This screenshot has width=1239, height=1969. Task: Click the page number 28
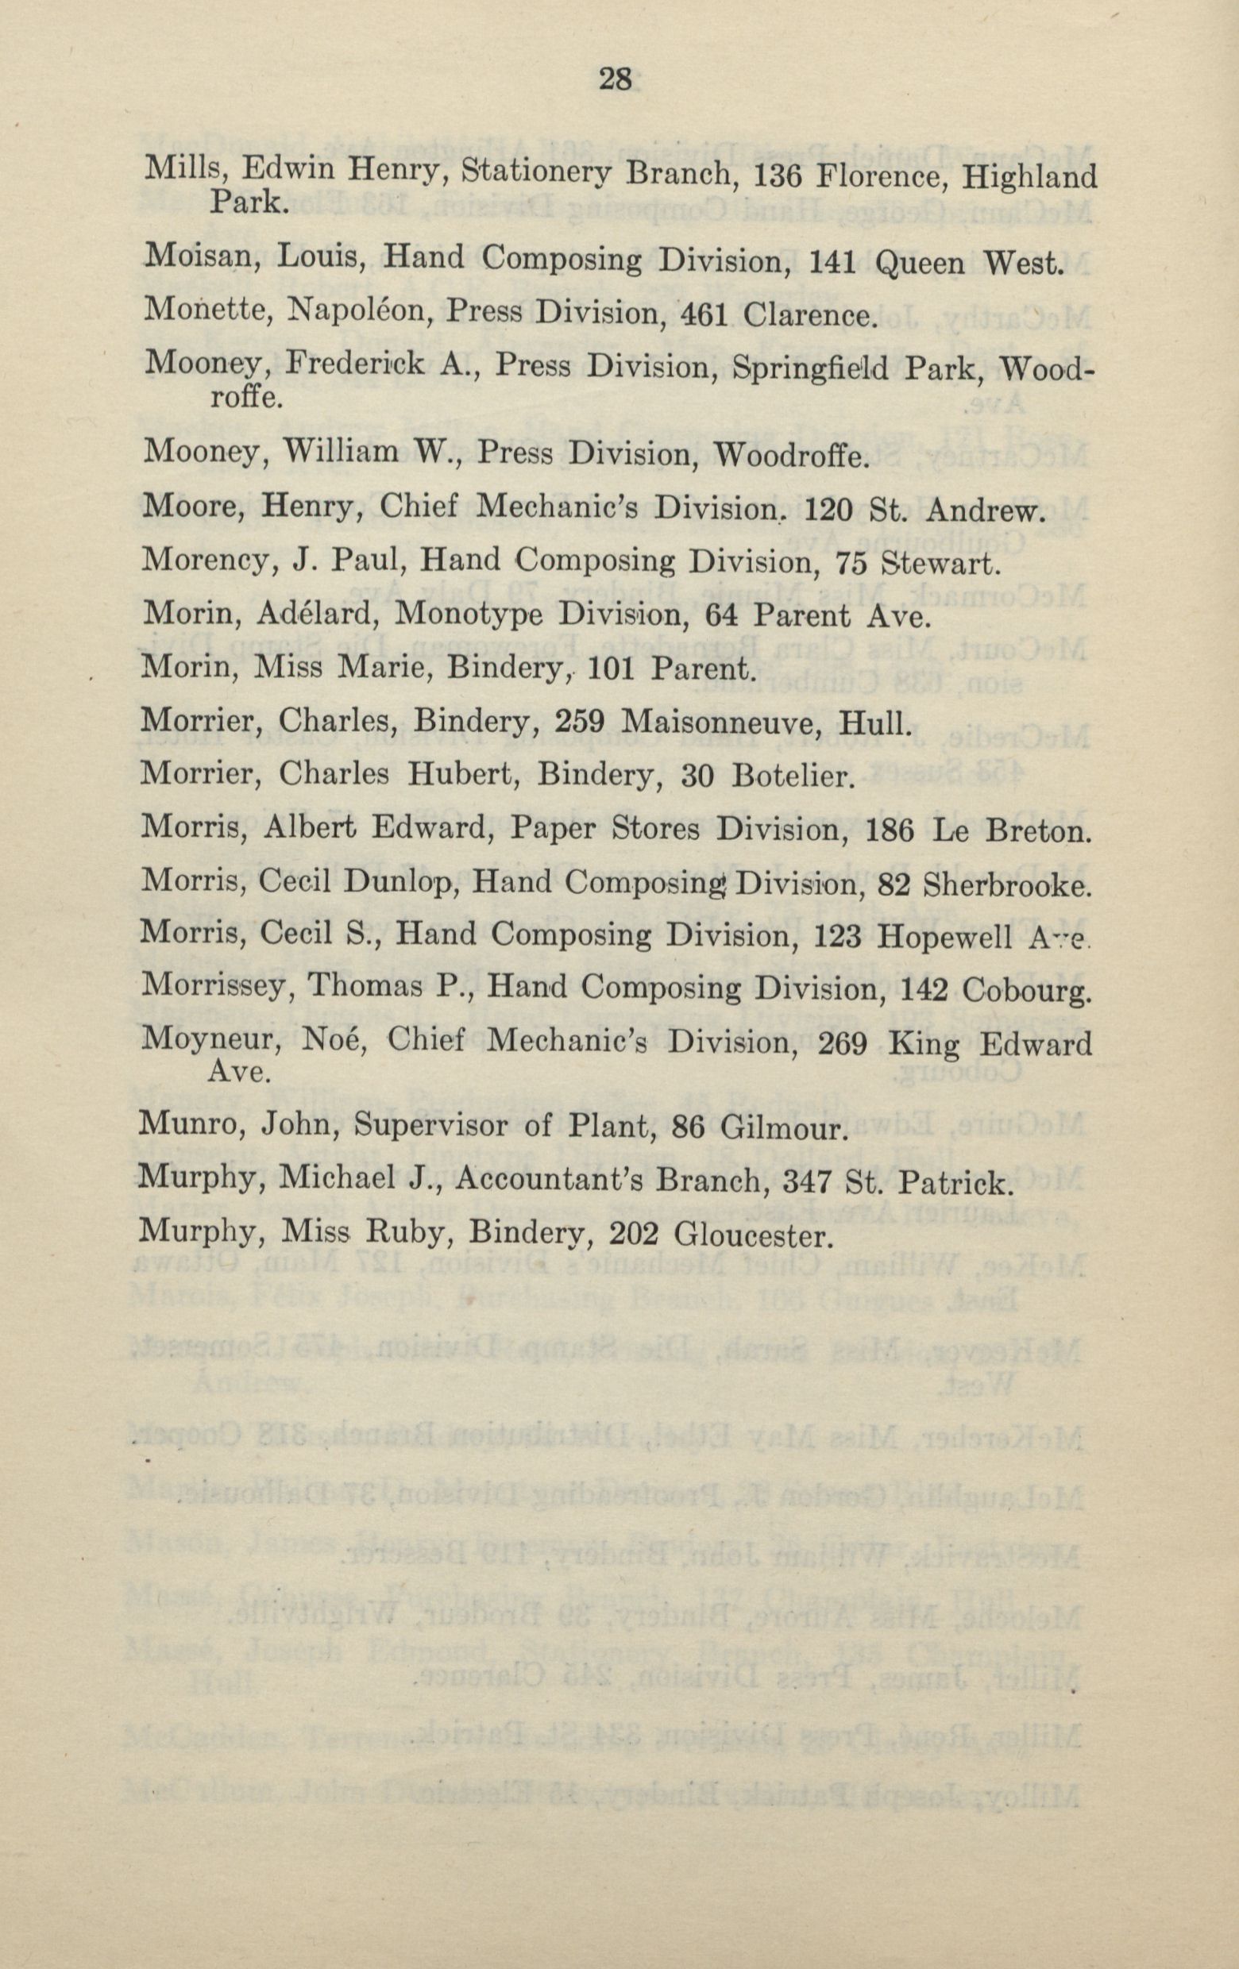click(x=616, y=79)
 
